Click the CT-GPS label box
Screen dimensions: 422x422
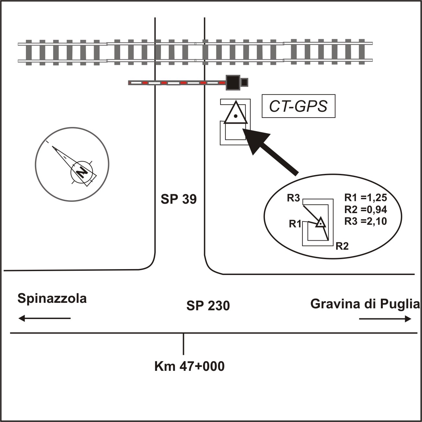coord(298,106)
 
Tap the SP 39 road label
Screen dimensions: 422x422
coord(179,199)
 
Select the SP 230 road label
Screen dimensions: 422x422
coord(208,306)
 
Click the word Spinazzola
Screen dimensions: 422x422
coord(52,298)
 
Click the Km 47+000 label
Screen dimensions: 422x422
coord(189,367)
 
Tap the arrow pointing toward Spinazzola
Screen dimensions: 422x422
coord(44,318)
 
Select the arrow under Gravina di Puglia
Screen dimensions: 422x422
coord(385,319)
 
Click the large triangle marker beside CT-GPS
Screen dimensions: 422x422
coord(236,114)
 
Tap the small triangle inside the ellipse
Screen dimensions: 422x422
coord(320,223)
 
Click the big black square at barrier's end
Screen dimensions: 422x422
coord(233,82)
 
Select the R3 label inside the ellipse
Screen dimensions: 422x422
coord(293,198)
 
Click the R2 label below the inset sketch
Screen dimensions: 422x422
coord(342,246)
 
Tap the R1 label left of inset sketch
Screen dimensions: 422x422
coord(295,224)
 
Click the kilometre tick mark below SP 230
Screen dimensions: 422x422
coord(184,344)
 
